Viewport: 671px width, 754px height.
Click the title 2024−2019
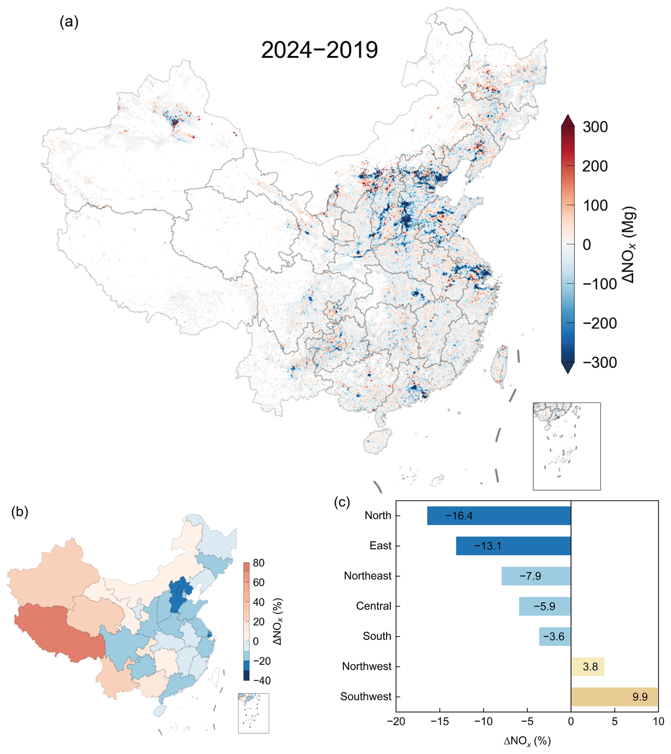click(319, 50)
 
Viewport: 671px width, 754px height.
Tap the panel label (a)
click(69, 22)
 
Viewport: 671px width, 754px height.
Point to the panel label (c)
click(342, 502)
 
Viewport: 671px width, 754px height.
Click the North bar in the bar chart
click(499, 515)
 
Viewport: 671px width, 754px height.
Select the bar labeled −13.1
click(513, 546)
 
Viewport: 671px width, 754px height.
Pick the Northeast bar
click(536, 576)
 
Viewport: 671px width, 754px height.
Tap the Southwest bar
click(614, 697)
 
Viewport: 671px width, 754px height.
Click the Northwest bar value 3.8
click(590, 666)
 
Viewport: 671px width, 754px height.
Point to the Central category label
click(373, 606)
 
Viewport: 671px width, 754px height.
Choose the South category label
click(377, 636)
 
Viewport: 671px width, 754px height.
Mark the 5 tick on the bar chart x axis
click(615, 721)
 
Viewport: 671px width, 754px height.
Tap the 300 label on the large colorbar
click(595, 127)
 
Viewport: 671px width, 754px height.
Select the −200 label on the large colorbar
click(599, 324)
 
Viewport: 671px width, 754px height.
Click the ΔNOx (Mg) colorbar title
click(628, 245)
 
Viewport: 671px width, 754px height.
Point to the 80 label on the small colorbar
click(259, 563)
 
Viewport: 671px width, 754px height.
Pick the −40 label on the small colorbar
click(262, 680)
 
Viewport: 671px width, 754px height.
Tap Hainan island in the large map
click(378, 441)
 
